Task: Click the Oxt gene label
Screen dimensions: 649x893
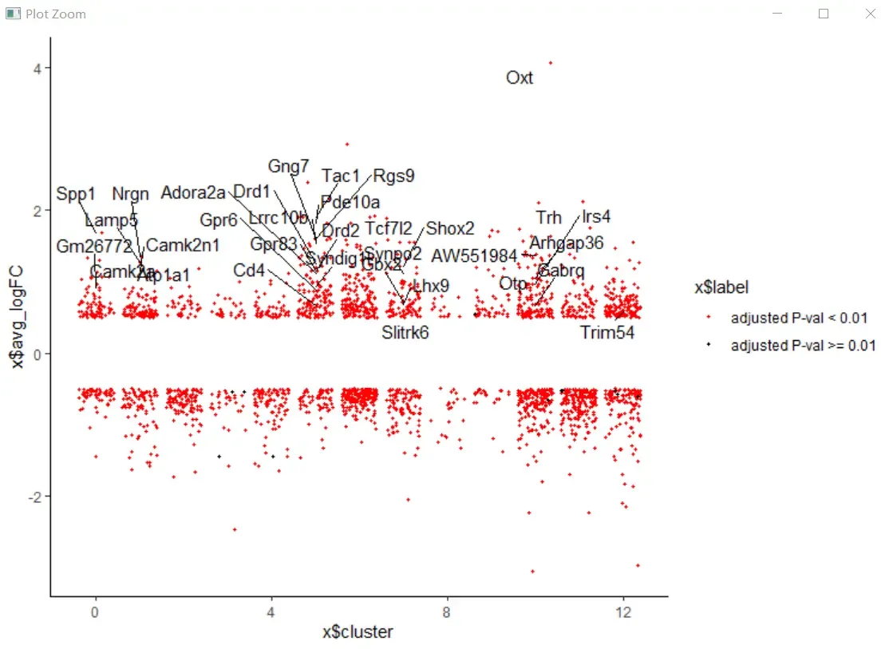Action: click(x=520, y=78)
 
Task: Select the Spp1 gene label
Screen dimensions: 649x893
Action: click(x=76, y=194)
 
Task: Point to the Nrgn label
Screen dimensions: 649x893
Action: click(x=130, y=194)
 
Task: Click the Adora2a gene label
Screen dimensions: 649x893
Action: click(x=193, y=192)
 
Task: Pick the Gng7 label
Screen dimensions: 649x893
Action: click(x=288, y=166)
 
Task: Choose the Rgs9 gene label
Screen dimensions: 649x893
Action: click(x=394, y=176)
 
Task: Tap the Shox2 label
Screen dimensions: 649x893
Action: click(x=450, y=229)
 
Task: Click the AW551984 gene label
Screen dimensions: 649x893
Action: click(x=474, y=255)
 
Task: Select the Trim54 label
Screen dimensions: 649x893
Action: click(x=607, y=333)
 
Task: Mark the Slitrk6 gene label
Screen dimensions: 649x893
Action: click(x=405, y=332)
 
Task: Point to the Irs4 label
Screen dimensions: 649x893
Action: click(x=596, y=216)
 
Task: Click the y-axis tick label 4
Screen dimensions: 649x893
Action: click(x=38, y=68)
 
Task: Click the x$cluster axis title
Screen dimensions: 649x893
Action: click(x=358, y=632)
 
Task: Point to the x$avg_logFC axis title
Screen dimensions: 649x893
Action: click(x=18, y=319)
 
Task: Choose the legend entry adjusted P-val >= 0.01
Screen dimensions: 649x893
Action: click(x=803, y=346)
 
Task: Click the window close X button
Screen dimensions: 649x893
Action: click(x=870, y=14)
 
